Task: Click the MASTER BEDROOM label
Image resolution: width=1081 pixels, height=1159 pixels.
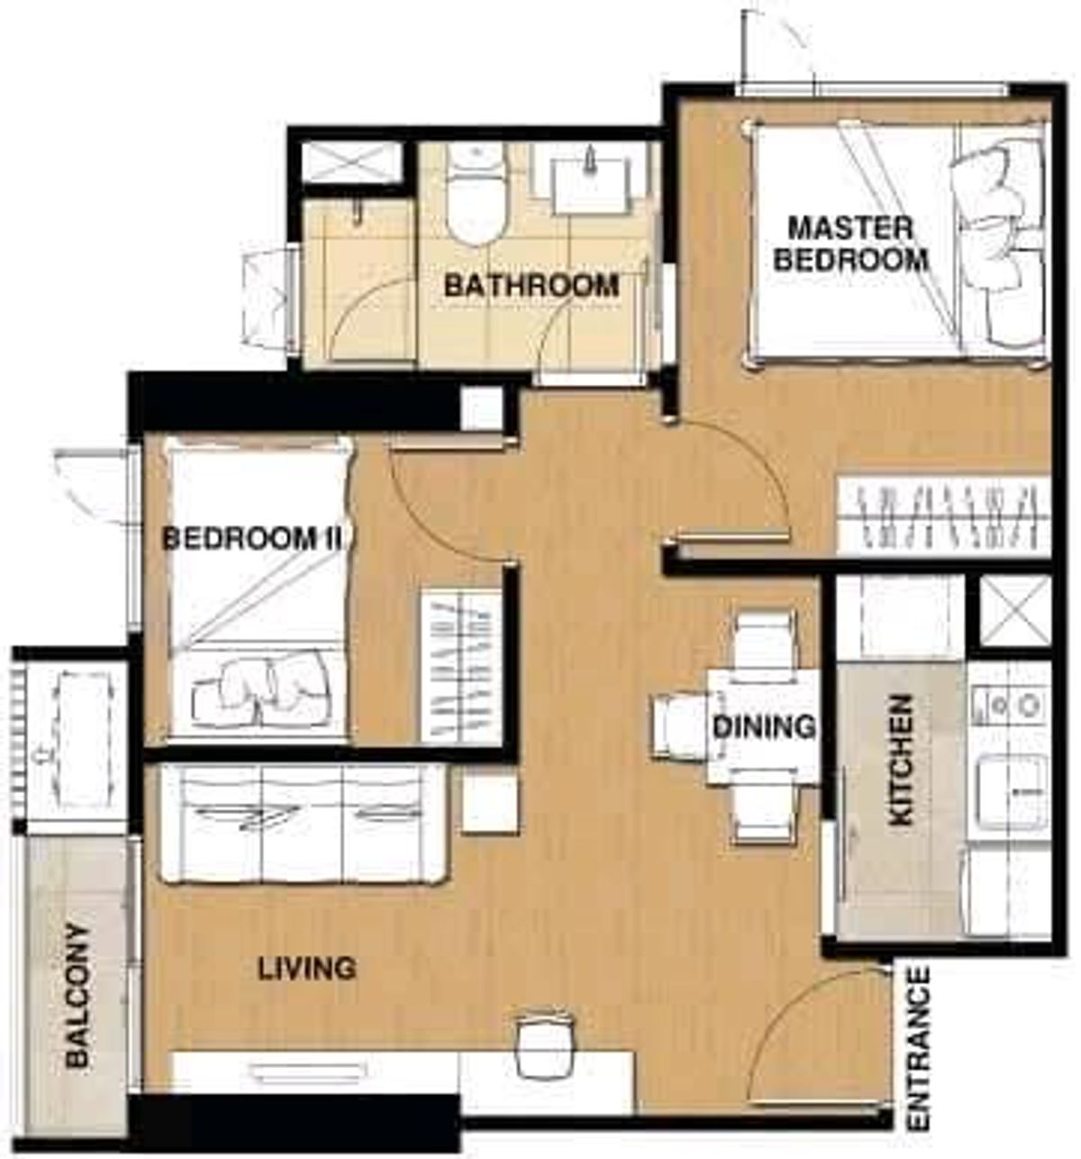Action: [x=851, y=243]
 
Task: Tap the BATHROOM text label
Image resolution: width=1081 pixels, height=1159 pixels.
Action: [x=531, y=286]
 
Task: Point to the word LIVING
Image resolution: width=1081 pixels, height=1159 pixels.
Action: [x=307, y=969]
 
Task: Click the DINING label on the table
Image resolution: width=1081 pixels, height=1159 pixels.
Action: [x=764, y=726]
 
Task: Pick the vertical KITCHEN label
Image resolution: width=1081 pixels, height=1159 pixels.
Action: [x=901, y=760]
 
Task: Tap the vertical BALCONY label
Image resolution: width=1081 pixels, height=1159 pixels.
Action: [x=79, y=996]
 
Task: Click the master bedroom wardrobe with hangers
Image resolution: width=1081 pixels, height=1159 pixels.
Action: [x=943, y=516]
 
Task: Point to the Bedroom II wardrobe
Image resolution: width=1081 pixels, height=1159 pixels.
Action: [x=460, y=667]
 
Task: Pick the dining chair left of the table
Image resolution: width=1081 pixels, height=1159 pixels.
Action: [x=682, y=726]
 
